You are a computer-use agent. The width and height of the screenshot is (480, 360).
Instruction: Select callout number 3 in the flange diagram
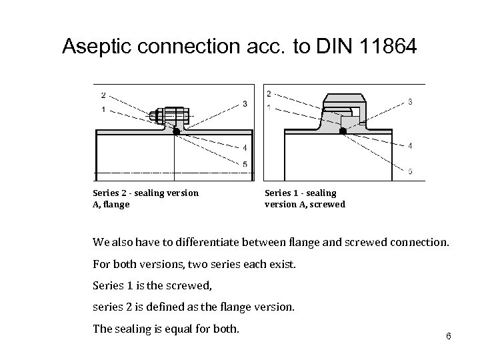245,103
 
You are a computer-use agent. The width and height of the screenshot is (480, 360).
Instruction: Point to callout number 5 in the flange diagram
245,164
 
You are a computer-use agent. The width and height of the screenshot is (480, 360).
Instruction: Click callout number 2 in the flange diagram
103,94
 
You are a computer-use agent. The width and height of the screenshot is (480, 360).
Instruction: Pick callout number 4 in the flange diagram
245,147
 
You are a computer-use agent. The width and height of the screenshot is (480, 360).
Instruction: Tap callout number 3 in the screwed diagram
409,101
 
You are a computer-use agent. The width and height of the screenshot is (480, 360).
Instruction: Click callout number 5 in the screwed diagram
409,171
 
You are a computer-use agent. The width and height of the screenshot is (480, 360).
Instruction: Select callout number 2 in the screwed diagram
269,93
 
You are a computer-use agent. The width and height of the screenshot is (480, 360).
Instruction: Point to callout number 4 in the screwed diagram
409,145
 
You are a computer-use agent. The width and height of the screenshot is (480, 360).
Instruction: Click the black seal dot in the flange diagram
176,132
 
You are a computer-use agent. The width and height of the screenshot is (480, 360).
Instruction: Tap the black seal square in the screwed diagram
343,131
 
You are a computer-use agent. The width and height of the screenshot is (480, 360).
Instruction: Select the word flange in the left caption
117,205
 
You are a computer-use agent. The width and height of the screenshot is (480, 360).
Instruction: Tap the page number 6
449,335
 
